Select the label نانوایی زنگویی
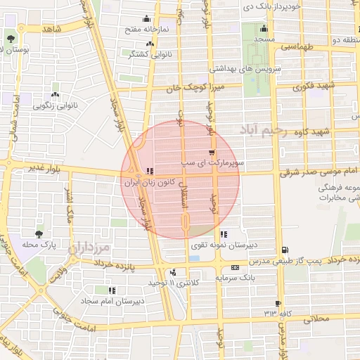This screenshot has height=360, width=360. (x=55, y=105)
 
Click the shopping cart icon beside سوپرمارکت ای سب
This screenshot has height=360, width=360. (x=212, y=153)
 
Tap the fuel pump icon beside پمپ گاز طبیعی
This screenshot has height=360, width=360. (x=285, y=250)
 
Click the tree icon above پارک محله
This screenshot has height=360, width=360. (x=38, y=234)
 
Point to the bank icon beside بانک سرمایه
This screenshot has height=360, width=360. (x=234, y=267)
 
